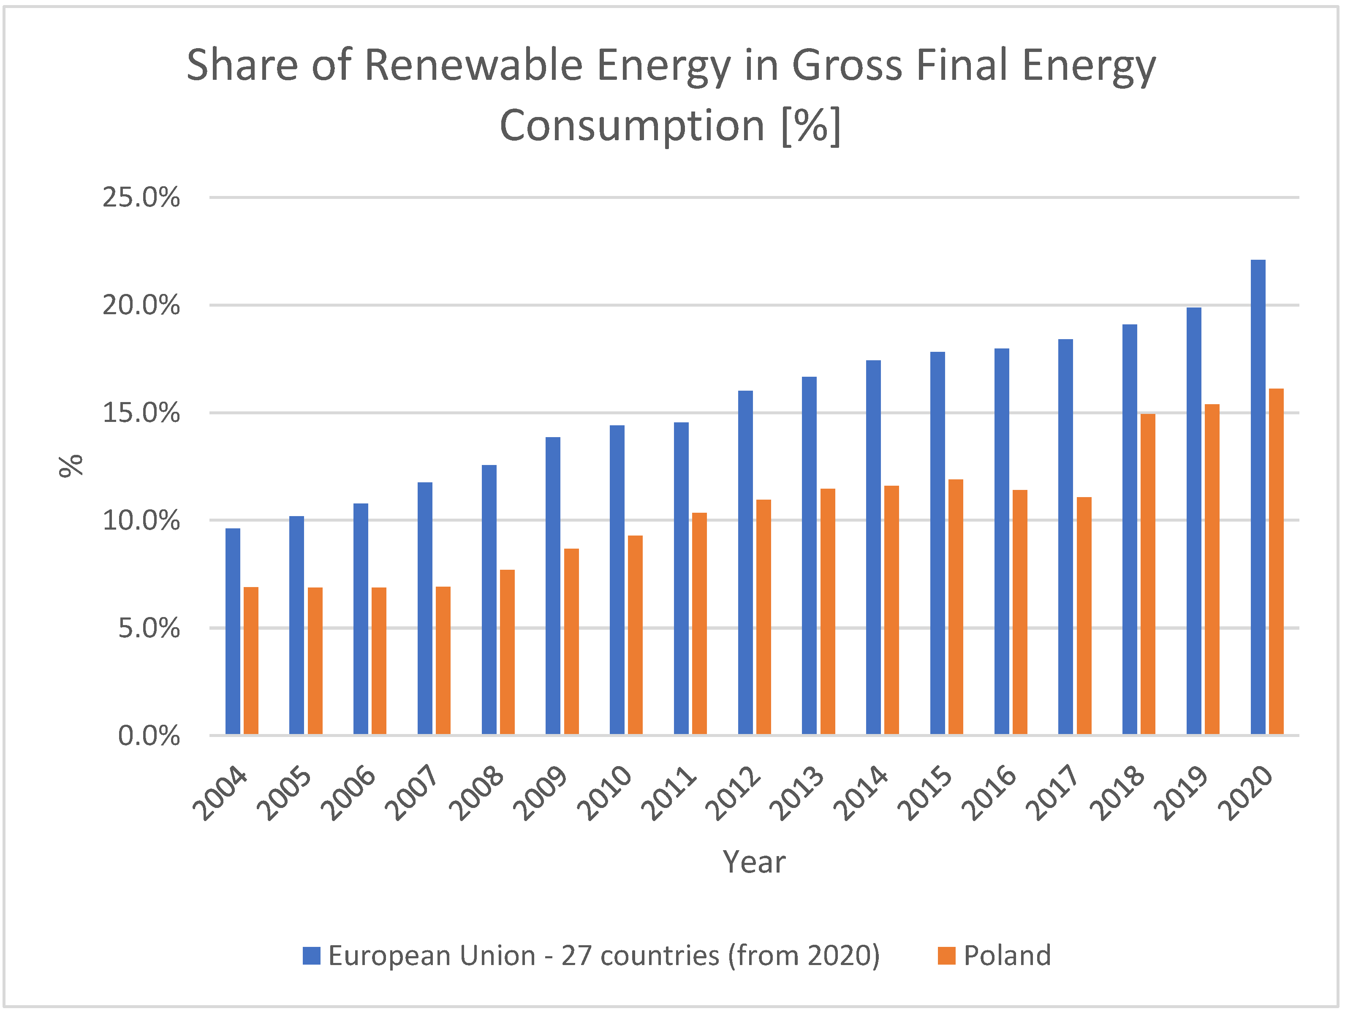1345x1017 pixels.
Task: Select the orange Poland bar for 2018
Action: pyautogui.click(x=1147, y=574)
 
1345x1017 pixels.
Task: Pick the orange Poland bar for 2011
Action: pyautogui.click(x=699, y=623)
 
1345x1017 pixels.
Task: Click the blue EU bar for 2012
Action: pyautogui.click(x=745, y=563)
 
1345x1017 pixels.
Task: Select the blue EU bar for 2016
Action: pyautogui.click(x=1001, y=541)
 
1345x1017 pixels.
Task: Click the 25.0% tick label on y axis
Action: pyautogui.click(x=141, y=198)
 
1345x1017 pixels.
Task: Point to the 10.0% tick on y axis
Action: pyautogui.click(x=141, y=521)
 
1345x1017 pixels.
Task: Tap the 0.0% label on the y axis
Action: pyautogui.click(x=149, y=736)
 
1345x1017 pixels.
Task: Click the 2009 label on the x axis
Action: pyautogui.click(x=541, y=793)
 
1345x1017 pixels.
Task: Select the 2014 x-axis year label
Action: pyautogui.click(x=860, y=793)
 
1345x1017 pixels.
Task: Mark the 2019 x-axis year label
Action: pyautogui.click(x=1181, y=793)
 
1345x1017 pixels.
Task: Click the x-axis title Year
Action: pyautogui.click(x=754, y=862)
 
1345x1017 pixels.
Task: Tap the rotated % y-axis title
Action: pyautogui.click(x=71, y=466)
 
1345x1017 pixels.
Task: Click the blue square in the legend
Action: pyautogui.click(x=311, y=956)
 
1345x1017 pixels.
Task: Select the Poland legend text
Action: pyautogui.click(x=1007, y=956)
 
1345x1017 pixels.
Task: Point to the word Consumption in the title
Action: pyautogui.click(x=632, y=126)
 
